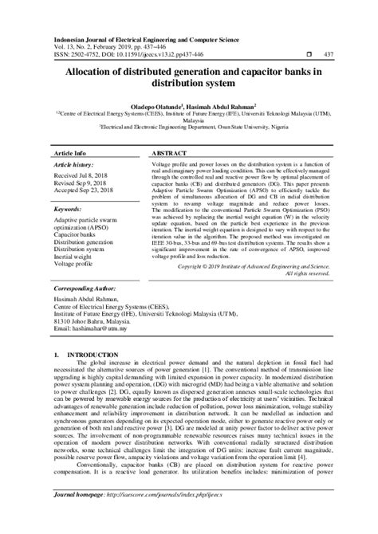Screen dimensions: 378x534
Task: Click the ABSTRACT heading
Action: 169,151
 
